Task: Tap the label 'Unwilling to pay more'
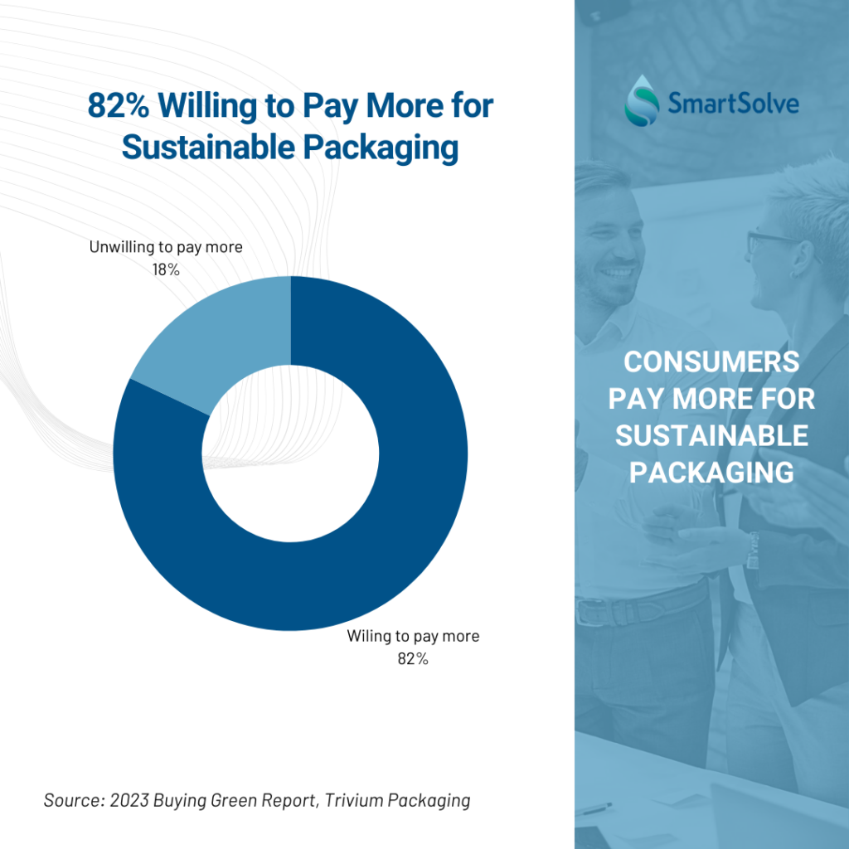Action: (x=166, y=248)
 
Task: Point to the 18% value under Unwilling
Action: (x=166, y=269)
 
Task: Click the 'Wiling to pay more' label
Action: (x=413, y=637)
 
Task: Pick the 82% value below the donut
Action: (x=412, y=659)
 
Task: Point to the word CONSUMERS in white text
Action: (x=711, y=362)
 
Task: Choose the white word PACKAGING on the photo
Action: (x=711, y=472)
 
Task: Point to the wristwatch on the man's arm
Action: (x=752, y=550)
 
